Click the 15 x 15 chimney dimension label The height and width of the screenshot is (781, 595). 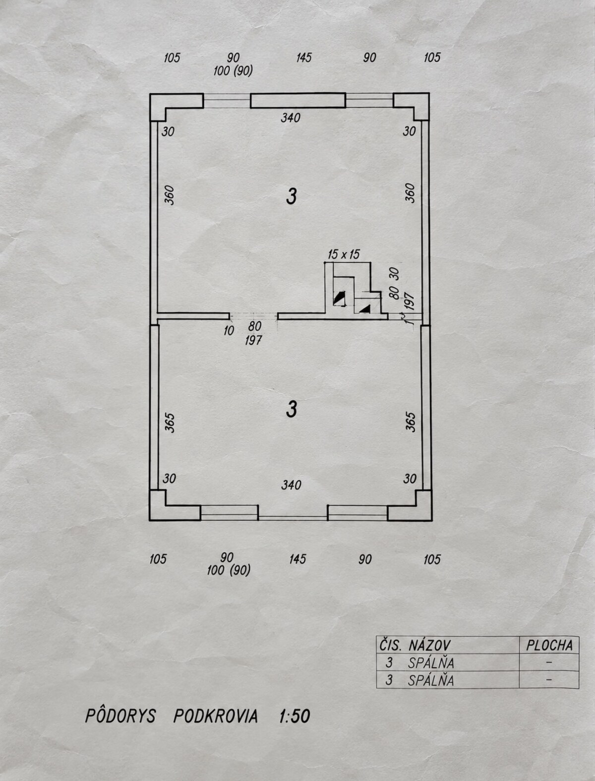[344, 254]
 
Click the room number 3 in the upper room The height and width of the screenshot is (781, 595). [291, 196]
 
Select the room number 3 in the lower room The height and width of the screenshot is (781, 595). [291, 409]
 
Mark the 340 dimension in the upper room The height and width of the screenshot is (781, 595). [291, 118]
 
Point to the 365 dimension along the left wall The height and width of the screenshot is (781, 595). [170, 422]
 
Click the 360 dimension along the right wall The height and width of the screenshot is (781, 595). [410, 193]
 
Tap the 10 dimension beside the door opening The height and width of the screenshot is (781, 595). [229, 331]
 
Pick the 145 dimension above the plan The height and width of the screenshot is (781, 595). [304, 58]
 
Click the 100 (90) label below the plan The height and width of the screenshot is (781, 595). [229, 570]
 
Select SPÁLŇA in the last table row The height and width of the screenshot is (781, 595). [431, 680]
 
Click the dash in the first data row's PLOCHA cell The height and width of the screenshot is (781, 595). [549, 662]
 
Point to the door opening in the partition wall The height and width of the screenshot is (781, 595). [253, 316]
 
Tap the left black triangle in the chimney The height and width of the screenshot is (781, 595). [339, 298]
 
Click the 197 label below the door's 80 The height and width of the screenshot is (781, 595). [253, 341]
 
